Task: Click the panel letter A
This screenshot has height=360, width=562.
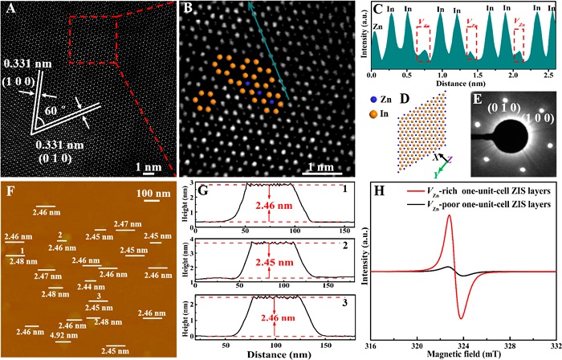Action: [x=12, y=10]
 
